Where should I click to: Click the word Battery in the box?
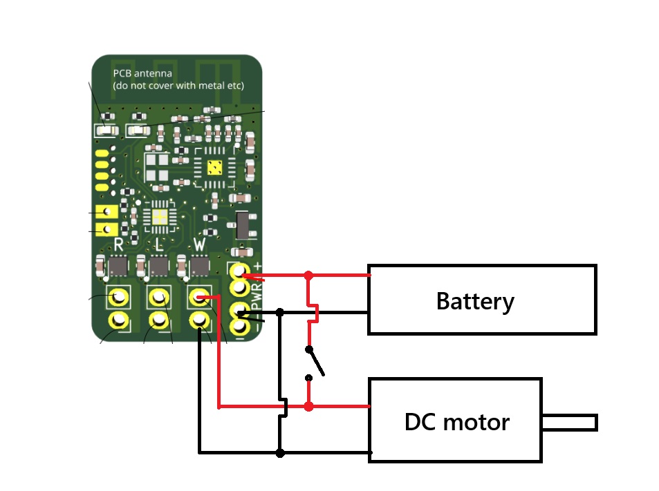click(475, 301)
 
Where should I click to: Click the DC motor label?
click(457, 422)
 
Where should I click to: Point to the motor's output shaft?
click(570, 423)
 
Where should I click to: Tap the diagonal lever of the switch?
click(316, 362)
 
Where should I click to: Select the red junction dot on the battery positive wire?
click(308, 276)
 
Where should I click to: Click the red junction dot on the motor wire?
click(308, 406)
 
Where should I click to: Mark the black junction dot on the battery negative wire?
click(280, 312)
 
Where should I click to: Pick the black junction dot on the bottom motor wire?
click(280, 453)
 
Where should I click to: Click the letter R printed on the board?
click(118, 244)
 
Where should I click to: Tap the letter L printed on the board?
click(159, 244)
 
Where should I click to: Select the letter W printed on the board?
click(199, 244)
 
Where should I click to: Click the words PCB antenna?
click(142, 73)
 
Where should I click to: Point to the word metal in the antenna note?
click(211, 86)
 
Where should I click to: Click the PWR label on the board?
click(257, 296)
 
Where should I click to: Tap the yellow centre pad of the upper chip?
click(215, 169)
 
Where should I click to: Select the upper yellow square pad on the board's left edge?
click(106, 211)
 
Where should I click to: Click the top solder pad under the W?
click(199, 298)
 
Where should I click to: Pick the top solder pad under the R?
click(118, 298)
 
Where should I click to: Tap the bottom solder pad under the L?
click(159, 320)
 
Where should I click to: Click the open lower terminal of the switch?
click(308, 378)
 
